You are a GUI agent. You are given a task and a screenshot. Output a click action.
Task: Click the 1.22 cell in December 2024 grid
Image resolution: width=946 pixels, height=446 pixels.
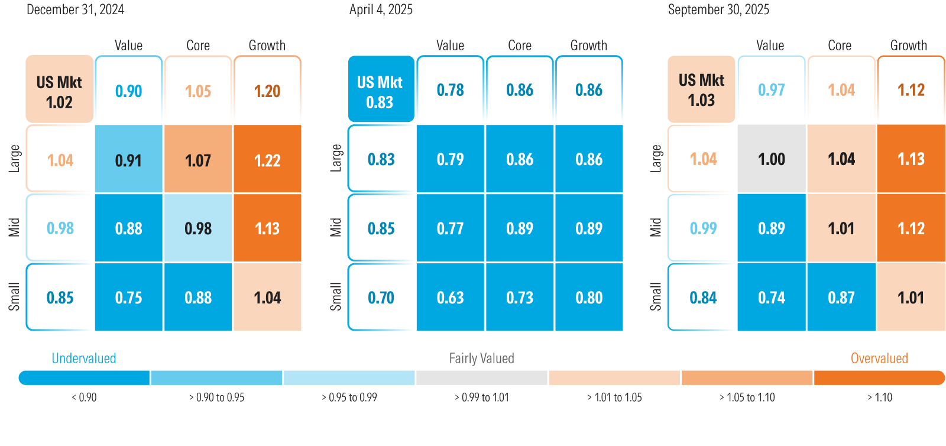(x=267, y=160)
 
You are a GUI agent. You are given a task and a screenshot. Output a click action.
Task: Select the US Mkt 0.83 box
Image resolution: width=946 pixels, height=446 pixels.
(x=380, y=91)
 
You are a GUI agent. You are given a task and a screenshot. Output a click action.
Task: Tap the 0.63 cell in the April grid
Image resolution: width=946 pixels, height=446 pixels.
(x=450, y=297)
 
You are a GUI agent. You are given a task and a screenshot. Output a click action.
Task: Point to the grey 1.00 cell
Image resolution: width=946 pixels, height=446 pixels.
(x=771, y=159)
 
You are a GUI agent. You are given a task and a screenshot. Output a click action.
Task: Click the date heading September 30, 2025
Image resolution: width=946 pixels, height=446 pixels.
(x=718, y=9)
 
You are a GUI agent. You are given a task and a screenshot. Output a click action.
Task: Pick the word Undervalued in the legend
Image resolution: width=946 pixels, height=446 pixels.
(x=83, y=358)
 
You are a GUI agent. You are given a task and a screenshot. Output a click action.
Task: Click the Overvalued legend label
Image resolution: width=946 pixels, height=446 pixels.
(x=879, y=358)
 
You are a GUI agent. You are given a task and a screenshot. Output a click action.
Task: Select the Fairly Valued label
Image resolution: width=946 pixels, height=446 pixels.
(x=481, y=358)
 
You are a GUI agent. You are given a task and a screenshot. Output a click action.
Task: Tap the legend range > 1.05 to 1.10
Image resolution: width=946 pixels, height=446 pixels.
(x=747, y=397)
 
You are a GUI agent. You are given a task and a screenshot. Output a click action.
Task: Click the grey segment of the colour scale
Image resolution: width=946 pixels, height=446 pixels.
(x=481, y=377)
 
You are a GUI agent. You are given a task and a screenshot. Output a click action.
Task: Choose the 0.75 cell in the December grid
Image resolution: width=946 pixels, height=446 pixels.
(x=128, y=297)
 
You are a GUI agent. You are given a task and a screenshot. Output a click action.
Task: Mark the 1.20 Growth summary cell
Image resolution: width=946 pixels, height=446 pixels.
(x=267, y=91)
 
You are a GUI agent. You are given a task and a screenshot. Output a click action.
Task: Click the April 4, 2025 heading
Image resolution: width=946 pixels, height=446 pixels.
(x=381, y=9)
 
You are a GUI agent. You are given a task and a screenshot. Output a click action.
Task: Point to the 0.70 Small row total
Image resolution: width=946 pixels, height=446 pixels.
(x=381, y=297)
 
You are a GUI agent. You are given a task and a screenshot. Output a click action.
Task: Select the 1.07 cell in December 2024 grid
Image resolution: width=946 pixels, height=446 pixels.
(x=197, y=160)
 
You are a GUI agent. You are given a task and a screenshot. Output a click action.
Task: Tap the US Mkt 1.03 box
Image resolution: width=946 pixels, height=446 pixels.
(x=701, y=90)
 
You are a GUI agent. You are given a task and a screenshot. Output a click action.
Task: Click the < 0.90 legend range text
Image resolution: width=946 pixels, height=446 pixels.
(x=84, y=397)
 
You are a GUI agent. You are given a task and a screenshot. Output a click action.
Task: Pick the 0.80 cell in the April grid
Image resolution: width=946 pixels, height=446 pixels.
(x=589, y=297)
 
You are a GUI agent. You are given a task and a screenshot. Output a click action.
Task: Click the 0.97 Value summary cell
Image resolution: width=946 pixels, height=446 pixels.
(x=771, y=90)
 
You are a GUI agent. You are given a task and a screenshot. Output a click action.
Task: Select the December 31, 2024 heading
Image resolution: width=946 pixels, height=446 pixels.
(x=75, y=9)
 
